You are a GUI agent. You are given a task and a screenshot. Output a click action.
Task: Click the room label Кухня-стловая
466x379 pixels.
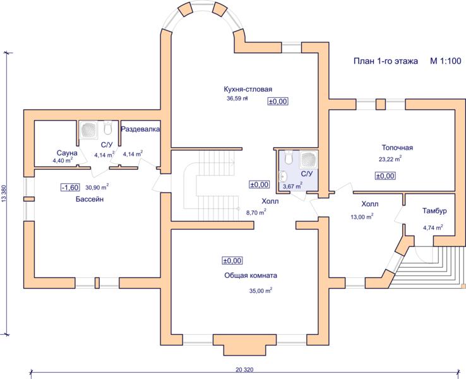[248, 89]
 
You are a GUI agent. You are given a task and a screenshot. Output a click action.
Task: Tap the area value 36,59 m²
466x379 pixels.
[237, 99]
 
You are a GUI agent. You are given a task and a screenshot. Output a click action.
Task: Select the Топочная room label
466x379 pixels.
[397, 147]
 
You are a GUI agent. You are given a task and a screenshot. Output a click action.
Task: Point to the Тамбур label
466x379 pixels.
[434, 211]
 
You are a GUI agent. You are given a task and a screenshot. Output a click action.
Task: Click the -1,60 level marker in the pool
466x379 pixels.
[70, 187]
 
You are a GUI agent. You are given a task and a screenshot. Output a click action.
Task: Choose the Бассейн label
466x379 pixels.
[90, 199]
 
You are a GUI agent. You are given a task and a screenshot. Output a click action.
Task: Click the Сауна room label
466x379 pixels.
[67, 153]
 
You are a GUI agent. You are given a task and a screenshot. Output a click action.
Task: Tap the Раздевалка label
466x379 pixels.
[140, 129]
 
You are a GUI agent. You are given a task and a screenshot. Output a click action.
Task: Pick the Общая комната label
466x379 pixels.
[251, 275]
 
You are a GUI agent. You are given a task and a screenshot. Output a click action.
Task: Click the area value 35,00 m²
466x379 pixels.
[261, 291]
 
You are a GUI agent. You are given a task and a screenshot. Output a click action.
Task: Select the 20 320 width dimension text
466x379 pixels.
[244, 370]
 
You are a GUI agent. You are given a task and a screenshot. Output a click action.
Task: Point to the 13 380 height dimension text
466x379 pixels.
[4, 194]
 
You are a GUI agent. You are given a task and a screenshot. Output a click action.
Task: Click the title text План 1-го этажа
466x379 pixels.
[385, 61]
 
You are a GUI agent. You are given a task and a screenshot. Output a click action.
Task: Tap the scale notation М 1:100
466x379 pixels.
[446, 61]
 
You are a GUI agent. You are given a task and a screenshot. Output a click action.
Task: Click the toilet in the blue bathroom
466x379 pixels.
[289, 157]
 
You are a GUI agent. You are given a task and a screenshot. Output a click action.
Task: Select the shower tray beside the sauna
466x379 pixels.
[90, 130]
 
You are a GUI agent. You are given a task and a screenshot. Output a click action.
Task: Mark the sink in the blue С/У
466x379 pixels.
[283, 177]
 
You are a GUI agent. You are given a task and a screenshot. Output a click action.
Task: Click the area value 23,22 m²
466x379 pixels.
[390, 159]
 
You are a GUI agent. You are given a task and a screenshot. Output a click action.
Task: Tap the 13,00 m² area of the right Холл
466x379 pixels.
[362, 217]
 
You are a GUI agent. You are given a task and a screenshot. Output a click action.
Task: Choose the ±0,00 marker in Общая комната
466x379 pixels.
[232, 261]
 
